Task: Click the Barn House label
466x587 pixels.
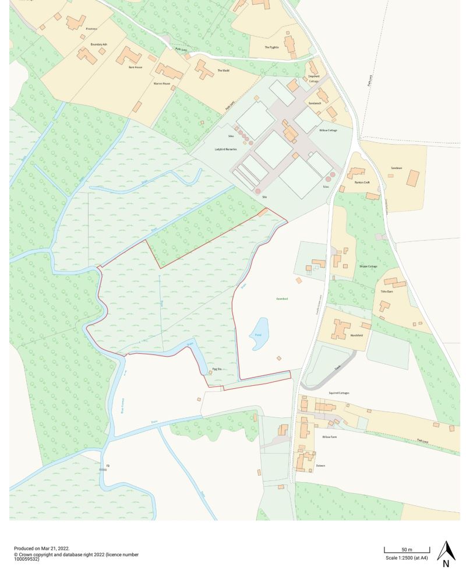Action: tap(136, 67)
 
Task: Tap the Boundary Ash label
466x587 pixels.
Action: tap(99, 44)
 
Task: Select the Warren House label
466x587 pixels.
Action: tap(161, 83)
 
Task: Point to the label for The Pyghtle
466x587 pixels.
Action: tap(271, 47)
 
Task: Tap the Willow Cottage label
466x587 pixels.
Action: tap(328, 130)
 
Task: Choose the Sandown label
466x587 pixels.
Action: tap(397, 168)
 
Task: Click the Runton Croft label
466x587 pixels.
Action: tap(363, 182)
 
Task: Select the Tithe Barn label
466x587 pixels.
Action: tap(387, 291)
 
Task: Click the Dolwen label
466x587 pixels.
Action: tap(320, 466)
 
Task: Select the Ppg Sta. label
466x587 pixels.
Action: tap(217, 368)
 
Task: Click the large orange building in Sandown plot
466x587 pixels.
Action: tap(413, 178)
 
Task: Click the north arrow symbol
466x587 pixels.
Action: tap(446, 554)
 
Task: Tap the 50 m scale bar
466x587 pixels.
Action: tap(407, 550)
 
